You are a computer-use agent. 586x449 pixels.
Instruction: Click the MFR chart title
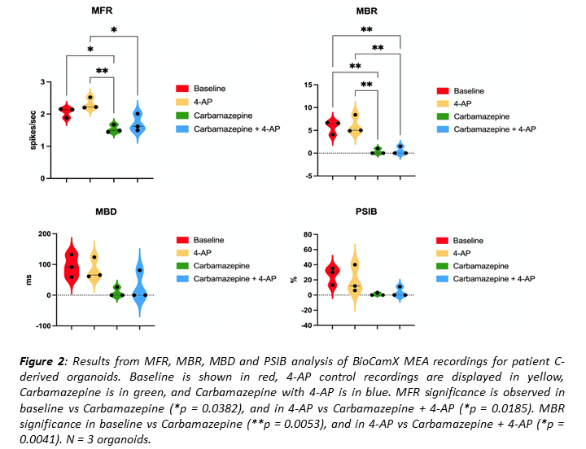(x=102, y=12)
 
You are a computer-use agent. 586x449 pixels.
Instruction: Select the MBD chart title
(x=105, y=214)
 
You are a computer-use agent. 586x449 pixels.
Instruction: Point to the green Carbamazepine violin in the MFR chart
(x=114, y=128)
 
